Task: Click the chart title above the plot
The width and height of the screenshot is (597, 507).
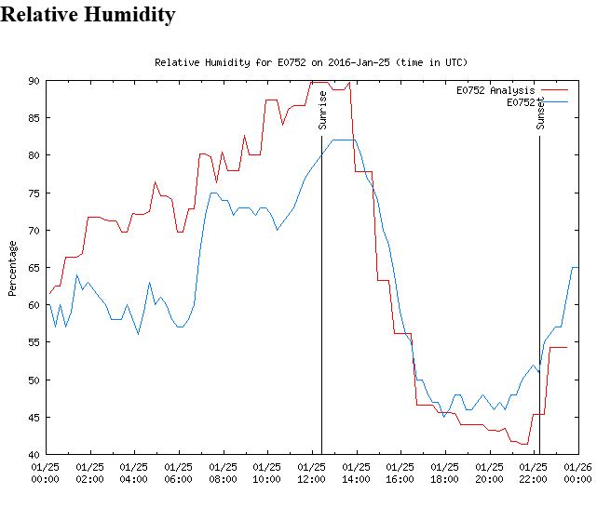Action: click(310, 62)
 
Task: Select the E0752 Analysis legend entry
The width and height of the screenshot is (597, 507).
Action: click(495, 91)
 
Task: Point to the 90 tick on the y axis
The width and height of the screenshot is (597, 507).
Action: click(34, 81)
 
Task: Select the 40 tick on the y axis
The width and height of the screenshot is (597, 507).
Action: click(34, 454)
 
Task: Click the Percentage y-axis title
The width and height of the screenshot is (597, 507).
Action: click(13, 268)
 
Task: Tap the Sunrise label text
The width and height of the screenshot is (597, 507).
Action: click(323, 110)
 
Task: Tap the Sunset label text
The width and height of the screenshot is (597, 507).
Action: click(540, 110)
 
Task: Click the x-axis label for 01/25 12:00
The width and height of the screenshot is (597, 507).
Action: click(311, 473)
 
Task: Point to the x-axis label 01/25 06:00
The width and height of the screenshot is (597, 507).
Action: click(178, 473)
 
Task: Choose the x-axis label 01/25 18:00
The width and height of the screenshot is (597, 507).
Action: click(444, 473)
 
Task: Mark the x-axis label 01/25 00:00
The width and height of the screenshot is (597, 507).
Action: click(46, 473)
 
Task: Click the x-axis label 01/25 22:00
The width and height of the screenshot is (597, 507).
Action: click(533, 473)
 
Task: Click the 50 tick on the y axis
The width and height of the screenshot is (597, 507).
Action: click(34, 380)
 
